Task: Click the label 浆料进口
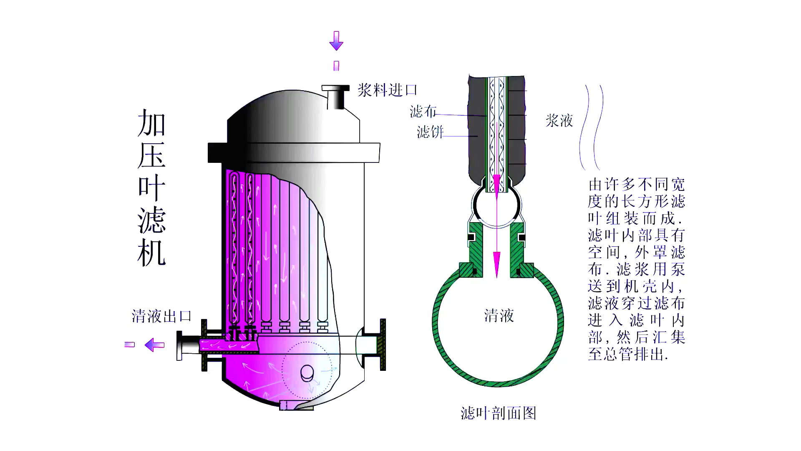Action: click(387, 90)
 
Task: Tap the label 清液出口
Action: click(161, 316)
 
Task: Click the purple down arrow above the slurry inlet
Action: click(336, 41)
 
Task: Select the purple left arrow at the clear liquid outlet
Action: click(154, 345)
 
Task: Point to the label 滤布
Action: click(423, 111)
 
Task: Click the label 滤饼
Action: click(430, 132)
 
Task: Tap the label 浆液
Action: click(559, 121)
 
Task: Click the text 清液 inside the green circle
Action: click(499, 316)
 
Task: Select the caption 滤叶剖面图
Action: click(498, 413)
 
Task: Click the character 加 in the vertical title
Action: click(152, 123)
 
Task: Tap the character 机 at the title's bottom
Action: click(152, 253)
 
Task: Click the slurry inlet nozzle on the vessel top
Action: click(335, 97)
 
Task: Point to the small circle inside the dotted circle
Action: click(307, 372)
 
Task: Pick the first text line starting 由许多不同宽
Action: click(636, 185)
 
